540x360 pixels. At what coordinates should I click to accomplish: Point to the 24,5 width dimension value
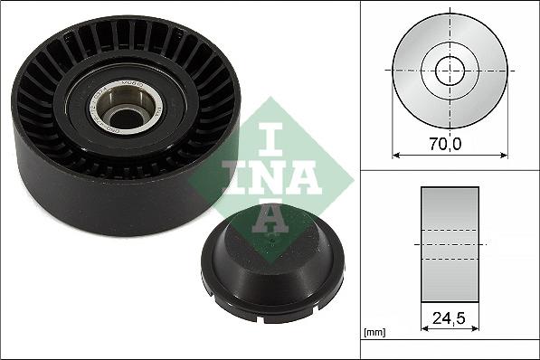pos(450,319)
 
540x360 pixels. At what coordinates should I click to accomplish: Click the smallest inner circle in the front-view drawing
pos(450,70)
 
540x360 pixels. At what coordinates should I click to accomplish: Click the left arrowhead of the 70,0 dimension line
pos(395,154)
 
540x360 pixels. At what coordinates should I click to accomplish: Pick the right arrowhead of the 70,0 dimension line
pos(503,154)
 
